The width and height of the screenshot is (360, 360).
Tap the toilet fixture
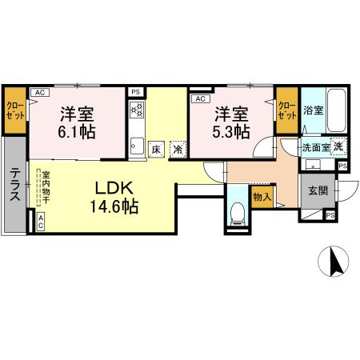point(237,214)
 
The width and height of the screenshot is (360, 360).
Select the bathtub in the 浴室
point(337,110)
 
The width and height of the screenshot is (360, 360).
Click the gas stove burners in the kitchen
point(136,110)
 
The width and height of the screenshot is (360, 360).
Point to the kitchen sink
point(137,146)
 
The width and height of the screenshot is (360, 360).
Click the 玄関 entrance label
point(318,191)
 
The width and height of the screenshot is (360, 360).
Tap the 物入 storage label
point(262,197)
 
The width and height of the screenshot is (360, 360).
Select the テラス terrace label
point(14,184)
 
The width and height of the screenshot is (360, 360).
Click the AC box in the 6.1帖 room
point(40,93)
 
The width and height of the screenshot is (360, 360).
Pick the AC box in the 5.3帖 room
point(201,99)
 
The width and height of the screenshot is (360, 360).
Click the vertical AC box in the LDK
point(41,222)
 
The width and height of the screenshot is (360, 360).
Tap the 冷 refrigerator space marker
point(178,150)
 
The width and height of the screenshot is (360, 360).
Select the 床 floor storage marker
point(156,150)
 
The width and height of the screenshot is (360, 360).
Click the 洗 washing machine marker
point(338,146)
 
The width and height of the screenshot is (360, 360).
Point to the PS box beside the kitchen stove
point(136,92)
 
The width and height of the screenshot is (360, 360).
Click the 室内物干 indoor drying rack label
point(46,187)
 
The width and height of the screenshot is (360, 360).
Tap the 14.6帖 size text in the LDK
point(114,206)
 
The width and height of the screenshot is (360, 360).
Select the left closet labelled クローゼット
point(15,110)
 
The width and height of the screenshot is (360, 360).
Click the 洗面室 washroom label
point(316,147)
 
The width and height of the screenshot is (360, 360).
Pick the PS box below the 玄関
point(330,215)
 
